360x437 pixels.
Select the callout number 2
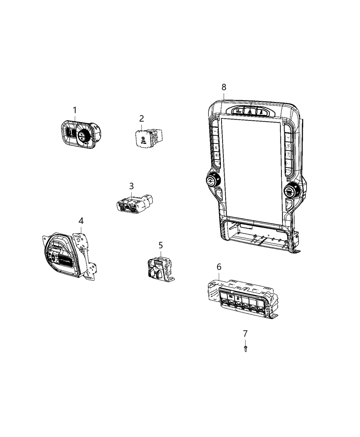tap(141, 119)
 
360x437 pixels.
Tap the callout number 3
tap(131, 186)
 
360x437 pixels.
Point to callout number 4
tap(81, 220)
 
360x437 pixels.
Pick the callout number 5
tap(160, 245)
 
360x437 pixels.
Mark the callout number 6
tap(219, 267)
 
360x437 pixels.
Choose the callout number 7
tap(245, 333)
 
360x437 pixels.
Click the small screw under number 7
tap(245, 348)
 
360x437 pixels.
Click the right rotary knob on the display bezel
tap(291, 190)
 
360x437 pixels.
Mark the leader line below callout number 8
tap(224, 96)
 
